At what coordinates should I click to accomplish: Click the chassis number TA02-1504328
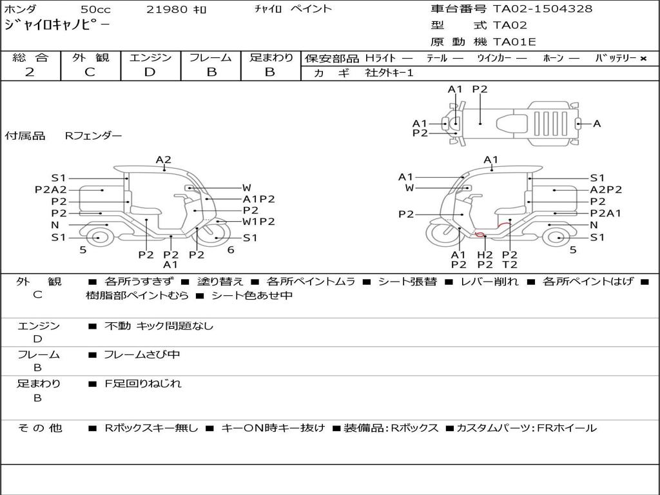543,8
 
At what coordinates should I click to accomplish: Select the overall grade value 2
30,72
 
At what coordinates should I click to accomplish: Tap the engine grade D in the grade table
150,72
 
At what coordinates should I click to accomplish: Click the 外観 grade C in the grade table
90,72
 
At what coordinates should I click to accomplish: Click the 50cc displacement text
95,9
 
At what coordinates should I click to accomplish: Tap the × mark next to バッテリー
643,59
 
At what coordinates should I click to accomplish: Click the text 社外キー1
389,73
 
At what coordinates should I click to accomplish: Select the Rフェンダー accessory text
93,135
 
